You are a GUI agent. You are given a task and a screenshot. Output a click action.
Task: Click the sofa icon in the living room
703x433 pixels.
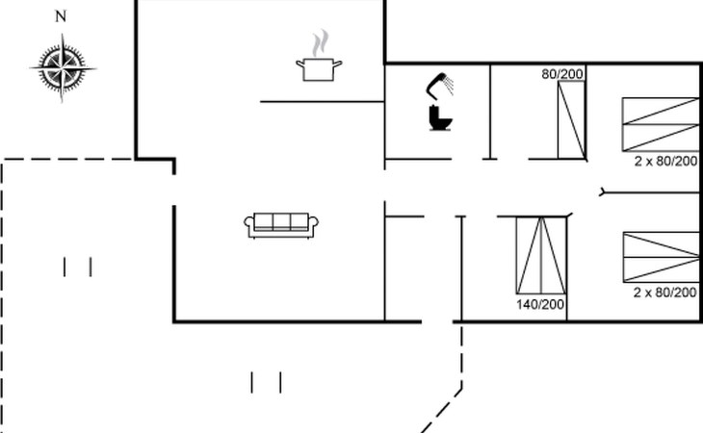281,224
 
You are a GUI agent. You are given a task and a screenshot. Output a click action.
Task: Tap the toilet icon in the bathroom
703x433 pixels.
440,116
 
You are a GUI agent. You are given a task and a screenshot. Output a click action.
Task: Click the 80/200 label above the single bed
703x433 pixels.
563,73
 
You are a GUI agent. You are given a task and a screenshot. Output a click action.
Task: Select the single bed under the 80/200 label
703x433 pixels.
572,119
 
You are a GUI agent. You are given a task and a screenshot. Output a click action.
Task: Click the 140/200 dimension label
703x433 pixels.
540,305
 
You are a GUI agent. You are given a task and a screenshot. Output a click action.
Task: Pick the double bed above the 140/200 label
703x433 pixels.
540,257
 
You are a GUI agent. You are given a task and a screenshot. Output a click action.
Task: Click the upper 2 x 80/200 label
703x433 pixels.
665,161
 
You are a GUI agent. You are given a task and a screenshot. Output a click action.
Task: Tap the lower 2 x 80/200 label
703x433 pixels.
665,292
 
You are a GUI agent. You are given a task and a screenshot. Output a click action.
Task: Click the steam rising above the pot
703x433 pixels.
321,43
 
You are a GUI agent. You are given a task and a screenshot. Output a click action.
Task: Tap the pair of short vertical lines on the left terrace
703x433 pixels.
77,267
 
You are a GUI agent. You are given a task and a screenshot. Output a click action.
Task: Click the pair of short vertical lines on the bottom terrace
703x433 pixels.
267,383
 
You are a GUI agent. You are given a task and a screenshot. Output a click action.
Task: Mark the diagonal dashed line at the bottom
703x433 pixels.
441,410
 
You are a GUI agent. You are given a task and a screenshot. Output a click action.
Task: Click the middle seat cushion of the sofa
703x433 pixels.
281,222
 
